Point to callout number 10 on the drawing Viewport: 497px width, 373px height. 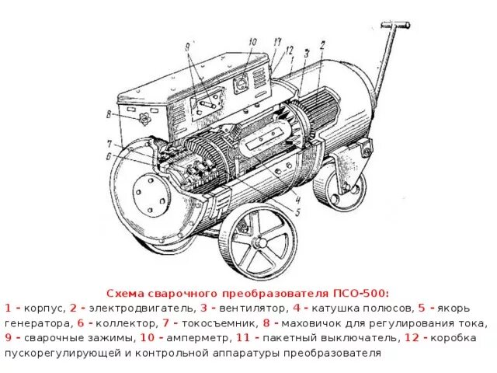pyautogui.click(x=252, y=42)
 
